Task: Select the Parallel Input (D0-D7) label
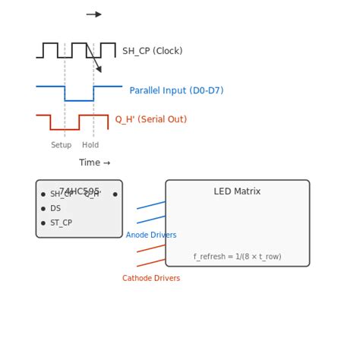(x=176, y=90)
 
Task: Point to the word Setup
(x=62, y=145)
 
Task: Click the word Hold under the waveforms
(x=90, y=145)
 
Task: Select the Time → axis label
(x=94, y=163)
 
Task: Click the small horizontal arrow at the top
(x=93, y=14)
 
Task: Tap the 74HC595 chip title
(x=79, y=191)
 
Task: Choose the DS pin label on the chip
(x=55, y=209)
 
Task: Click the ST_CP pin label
(x=61, y=223)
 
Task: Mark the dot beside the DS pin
(x=43, y=209)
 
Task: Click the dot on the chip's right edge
(x=115, y=194)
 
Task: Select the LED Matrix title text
(x=237, y=191)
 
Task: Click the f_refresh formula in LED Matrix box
(x=237, y=257)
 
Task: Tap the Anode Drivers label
(x=151, y=235)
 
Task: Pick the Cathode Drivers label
(x=151, y=279)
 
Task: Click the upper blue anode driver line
(x=151, y=205)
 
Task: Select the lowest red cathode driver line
(x=151, y=263)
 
